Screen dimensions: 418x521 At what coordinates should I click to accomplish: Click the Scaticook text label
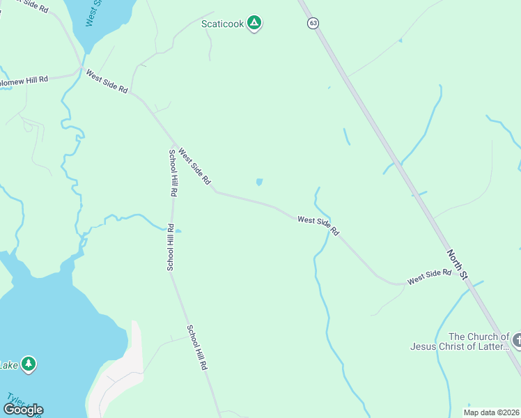(223, 24)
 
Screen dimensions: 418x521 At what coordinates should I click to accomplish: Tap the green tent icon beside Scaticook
(255, 24)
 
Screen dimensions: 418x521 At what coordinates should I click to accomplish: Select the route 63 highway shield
(313, 23)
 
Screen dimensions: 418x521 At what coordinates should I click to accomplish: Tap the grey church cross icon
(516, 341)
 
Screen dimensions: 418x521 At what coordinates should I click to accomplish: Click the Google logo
(23, 409)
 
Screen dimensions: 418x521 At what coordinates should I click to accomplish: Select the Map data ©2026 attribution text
(491, 412)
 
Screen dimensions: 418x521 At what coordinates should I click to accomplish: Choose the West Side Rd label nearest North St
(429, 277)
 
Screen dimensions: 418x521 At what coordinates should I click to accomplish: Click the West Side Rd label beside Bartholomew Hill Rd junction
(107, 82)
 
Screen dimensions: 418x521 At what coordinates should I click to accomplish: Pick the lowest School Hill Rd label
(196, 347)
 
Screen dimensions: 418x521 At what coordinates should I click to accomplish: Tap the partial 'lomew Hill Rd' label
(24, 79)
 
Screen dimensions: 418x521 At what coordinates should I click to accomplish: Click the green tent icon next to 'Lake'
(28, 364)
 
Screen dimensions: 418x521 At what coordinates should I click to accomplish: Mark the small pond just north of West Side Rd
(260, 183)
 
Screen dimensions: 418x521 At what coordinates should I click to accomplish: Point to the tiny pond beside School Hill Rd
(179, 231)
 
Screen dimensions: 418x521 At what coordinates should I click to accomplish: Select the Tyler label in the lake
(15, 403)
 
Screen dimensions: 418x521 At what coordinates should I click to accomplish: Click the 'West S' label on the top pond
(93, 13)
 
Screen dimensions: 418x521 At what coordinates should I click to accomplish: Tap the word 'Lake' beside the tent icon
(8, 364)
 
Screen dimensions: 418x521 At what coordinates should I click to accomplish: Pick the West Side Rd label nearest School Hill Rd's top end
(194, 165)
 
